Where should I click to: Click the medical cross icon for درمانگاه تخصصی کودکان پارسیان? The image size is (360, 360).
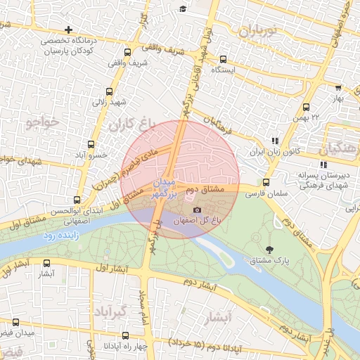coord(67,30)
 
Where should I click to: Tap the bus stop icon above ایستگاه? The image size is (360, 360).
coord(223,59)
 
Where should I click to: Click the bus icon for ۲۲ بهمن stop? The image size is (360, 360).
coord(306,107)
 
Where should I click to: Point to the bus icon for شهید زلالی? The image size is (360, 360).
coord(109,91)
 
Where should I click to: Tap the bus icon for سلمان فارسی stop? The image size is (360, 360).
coord(265,183)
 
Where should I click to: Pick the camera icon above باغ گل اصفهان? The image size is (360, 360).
coord(197,210)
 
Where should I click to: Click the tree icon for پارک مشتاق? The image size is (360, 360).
coord(269,249)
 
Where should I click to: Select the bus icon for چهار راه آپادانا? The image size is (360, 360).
coord(90,345)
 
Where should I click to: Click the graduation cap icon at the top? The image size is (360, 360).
coord(183,8)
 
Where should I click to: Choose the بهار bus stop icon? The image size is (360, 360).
coord(338,88)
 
